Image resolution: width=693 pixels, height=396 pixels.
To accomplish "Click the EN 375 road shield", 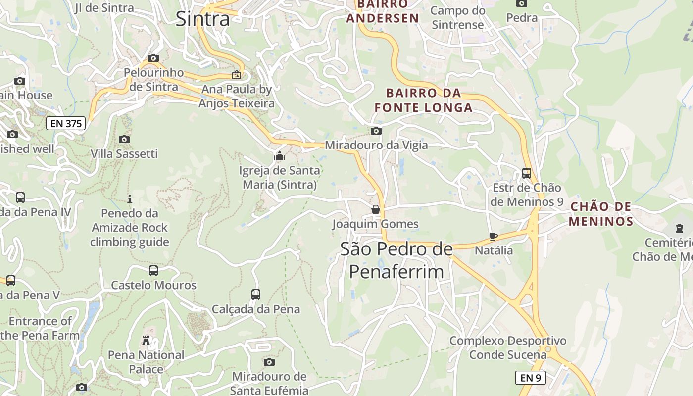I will coord(66,123).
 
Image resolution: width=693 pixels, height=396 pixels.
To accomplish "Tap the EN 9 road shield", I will coord(530,378).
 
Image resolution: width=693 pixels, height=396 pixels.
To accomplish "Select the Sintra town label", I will coord(202,19).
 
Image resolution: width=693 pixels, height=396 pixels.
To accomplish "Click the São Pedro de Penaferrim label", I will coord(396,260).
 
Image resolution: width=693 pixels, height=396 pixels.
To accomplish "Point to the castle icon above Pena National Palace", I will coord(146,341).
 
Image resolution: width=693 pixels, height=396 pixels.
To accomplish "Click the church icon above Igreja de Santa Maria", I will coord(280,156).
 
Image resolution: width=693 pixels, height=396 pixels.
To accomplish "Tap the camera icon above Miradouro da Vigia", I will coord(376,131).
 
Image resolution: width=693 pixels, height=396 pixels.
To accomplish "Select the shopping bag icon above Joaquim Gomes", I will coord(376,209).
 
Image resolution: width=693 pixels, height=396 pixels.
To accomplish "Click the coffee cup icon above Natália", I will coord(493,236).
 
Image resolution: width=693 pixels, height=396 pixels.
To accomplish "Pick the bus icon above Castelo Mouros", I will coord(153,271).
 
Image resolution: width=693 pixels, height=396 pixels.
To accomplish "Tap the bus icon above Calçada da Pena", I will coord(256,295).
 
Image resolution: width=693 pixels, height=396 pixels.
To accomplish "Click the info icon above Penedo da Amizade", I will coord(130,199).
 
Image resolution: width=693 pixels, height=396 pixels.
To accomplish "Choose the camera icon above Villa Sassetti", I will coord(124,140).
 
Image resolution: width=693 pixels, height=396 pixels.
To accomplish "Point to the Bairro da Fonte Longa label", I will coord(423,100).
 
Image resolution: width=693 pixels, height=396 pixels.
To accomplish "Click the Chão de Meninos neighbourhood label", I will coord(600,214).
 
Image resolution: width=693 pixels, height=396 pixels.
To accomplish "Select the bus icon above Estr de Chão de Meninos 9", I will coord(527,173).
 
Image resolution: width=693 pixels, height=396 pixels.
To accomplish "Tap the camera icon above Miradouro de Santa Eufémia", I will coord(269,362).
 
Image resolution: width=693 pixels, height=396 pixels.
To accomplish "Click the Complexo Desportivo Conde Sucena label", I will coord(508,347).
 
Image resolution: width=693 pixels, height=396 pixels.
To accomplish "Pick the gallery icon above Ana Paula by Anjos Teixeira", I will coord(237,75).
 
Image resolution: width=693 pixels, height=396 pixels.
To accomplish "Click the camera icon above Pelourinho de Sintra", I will coord(153,58).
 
